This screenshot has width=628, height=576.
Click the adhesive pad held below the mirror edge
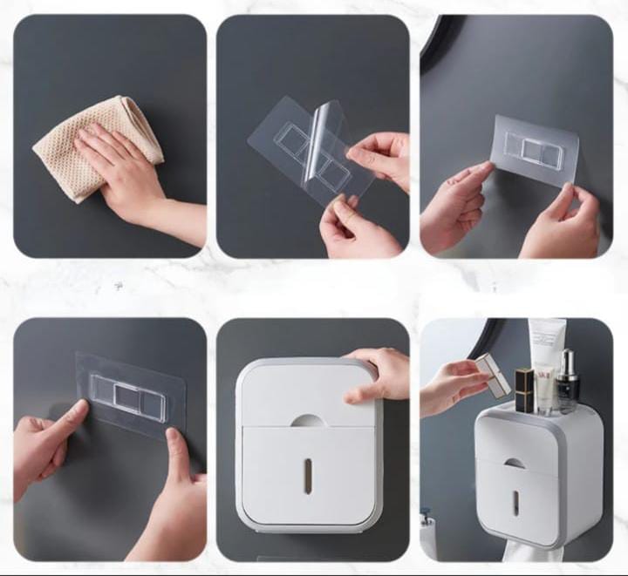(534, 150)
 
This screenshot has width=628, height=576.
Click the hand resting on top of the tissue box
(375, 375)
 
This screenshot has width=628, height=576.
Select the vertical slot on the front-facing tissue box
(307, 476)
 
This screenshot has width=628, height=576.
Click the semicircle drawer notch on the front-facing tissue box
(307, 421)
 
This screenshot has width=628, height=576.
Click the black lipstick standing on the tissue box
(523, 390)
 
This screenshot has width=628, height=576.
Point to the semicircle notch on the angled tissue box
(517, 463)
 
